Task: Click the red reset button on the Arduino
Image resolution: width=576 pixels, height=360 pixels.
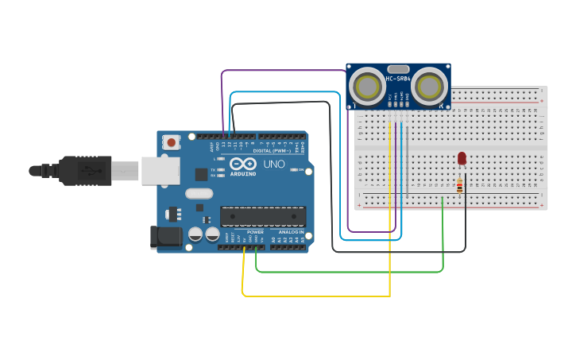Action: (x=171, y=142)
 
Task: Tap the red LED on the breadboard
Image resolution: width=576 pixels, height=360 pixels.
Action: (x=462, y=158)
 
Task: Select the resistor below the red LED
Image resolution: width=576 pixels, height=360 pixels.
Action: (x=460, y=186)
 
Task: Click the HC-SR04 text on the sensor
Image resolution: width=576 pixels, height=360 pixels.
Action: (x=399, y=79)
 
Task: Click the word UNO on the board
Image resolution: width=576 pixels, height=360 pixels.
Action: (x=273, y=165)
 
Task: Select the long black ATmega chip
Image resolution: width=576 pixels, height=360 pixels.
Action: (x=263, y=216)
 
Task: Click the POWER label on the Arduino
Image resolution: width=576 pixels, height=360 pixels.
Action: (x=254, y=232)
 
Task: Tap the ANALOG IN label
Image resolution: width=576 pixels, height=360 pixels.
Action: (x=290, y=232)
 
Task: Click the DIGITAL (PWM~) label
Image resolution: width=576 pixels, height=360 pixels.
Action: (x=271, y=150)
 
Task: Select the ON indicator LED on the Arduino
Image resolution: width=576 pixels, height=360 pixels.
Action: (x=296, y=169)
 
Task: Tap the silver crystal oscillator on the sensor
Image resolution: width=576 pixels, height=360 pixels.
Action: (x=399, y=69)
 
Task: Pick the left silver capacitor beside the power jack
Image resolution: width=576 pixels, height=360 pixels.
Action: (x=195, y=234)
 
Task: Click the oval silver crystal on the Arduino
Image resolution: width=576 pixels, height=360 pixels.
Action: (x=199, y=193)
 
